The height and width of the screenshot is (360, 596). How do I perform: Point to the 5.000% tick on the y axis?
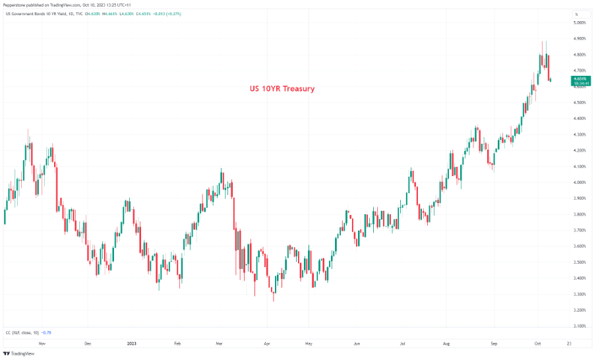[580, 23]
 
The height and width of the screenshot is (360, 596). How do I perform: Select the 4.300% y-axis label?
[580, 135]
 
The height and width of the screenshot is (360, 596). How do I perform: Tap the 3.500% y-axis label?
[580, 262]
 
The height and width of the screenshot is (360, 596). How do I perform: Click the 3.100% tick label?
[580, 326]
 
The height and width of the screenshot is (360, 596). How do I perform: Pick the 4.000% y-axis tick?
[580, 183]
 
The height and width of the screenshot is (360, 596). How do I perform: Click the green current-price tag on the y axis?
[580, 81]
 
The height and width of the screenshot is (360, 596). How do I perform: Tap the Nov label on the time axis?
[42, 344]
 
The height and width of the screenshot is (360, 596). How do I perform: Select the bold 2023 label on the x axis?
[133, 344]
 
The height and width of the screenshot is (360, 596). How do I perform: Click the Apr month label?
[266, 344]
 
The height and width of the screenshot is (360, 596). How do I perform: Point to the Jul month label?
[402, 344]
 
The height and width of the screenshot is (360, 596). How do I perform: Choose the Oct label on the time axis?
[537, 344]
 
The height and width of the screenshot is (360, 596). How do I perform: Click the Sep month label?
[494, 344]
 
